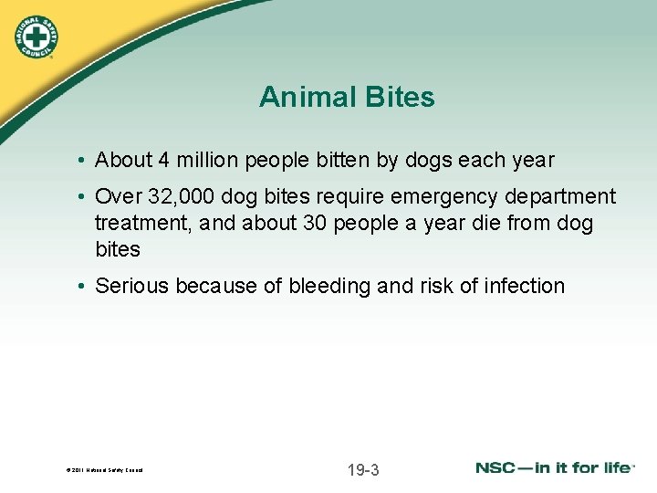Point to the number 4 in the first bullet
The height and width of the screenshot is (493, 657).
tap(162, 160)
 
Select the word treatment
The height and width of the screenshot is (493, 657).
tap(136, 223)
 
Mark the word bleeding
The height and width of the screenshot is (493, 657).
tap(330, 286)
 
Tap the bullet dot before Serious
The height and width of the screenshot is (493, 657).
tap(82, 287)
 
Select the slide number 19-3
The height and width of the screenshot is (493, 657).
tap(363, 470)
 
